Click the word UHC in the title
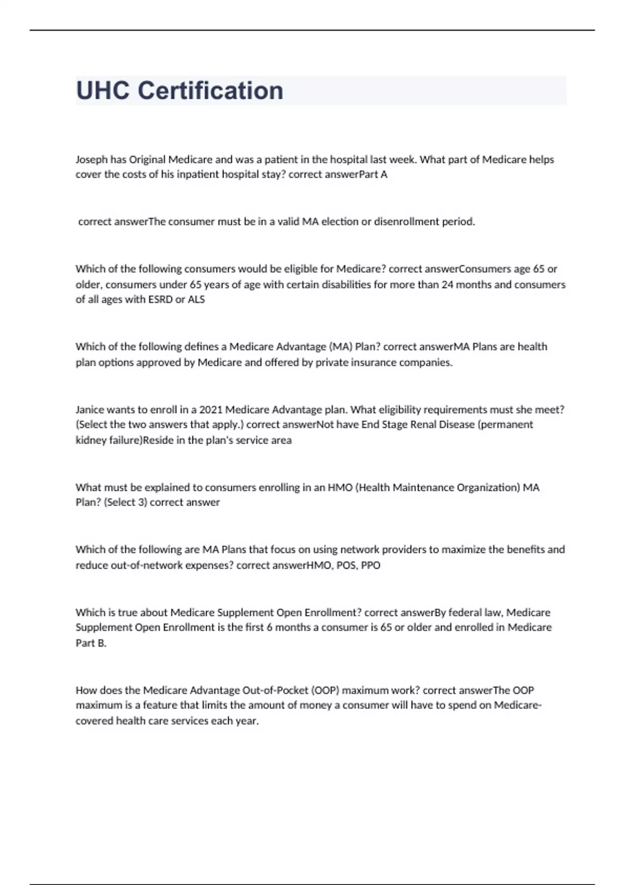(103, 91)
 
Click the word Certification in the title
(210, 91)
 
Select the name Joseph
(91, 159)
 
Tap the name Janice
(90, 410)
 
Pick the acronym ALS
(196, 299)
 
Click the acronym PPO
(370, 565)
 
